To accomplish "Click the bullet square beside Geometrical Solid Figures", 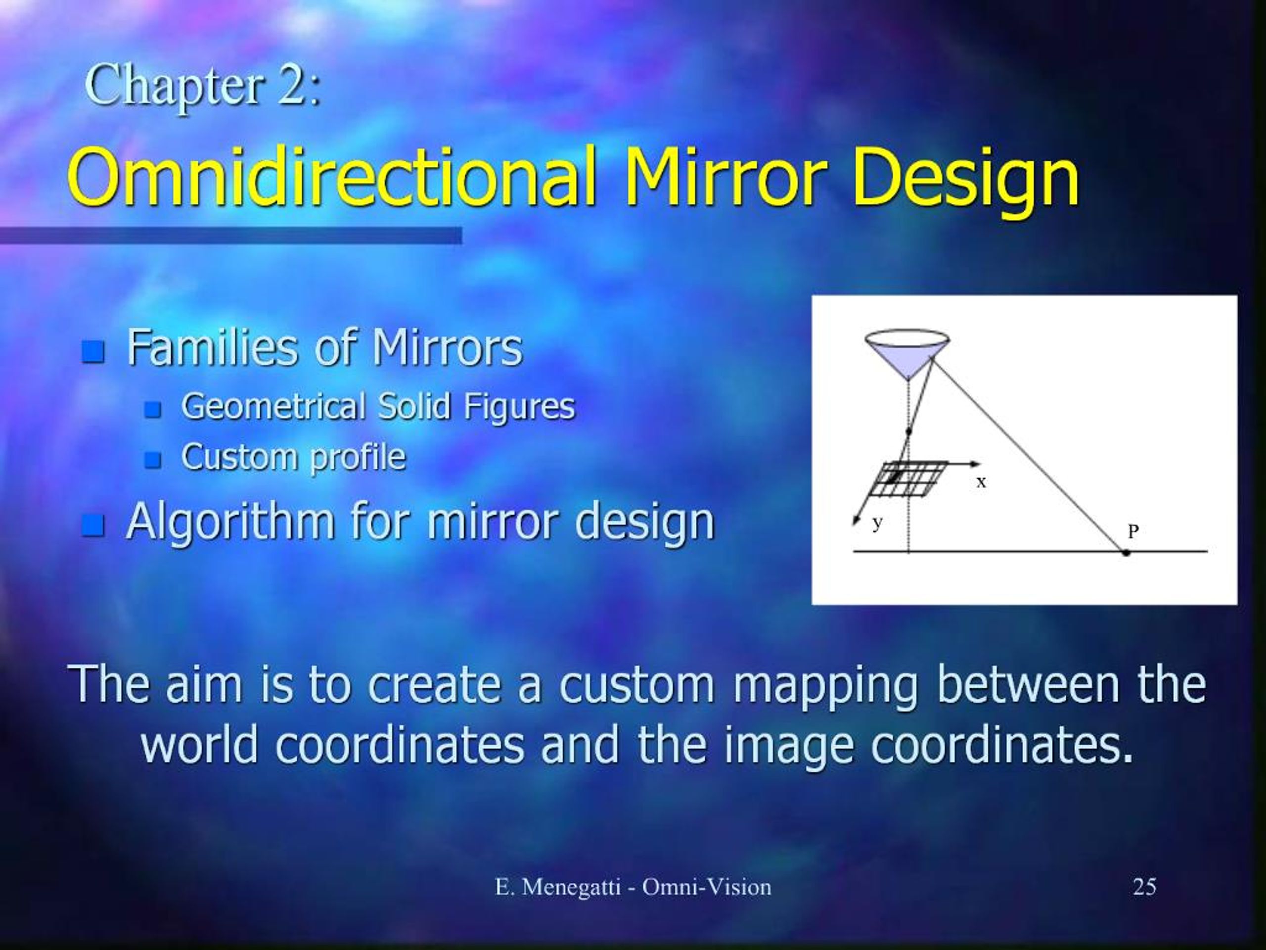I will (x=152, y=409).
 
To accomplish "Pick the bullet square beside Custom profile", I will (x=152, y=459).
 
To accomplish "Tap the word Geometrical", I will (x=273, y=407).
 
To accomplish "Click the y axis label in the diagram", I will (x=877, y=523).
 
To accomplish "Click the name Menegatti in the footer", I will (x=571, y=887).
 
